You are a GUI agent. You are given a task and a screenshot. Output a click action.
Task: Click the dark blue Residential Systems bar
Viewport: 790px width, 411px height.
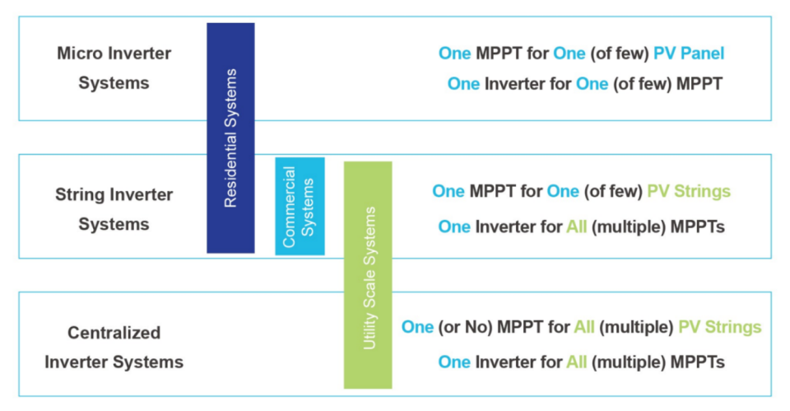(x=230, y=138)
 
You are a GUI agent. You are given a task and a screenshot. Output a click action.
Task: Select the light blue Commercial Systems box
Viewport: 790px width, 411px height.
(x=300, y=206)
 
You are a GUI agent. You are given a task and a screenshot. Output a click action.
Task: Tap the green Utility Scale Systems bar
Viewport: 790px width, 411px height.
(x=368, y=275)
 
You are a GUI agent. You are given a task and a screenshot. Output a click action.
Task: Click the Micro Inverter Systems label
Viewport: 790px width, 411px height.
(x=114, y=68)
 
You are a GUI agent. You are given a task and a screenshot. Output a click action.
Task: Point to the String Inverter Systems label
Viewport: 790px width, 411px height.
(x=114, y=209)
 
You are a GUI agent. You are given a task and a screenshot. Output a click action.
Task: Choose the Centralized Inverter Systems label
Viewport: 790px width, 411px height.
(x=114, y=348)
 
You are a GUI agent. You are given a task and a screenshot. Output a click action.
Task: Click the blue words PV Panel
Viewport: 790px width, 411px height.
(x=689, y=54)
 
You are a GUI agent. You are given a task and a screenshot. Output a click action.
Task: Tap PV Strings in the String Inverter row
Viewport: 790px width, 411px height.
(x=689, y=192)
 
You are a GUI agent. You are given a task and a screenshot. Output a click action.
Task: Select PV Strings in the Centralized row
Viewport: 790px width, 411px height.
(x=720, y=327)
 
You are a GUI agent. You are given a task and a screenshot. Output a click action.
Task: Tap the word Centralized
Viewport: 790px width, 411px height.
(x=114, y=333)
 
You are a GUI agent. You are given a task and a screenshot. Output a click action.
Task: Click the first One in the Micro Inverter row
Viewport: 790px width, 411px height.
(x=454, y=54)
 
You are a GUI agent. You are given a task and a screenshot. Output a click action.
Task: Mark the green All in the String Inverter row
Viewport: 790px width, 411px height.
(x=576, y=227)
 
